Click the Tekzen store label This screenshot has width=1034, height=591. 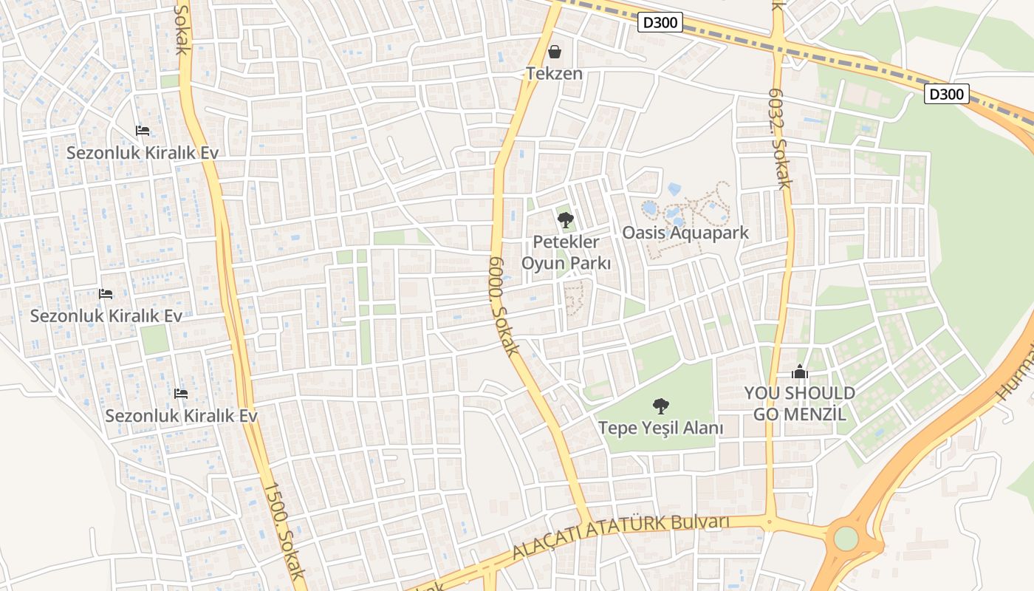click(554, 73)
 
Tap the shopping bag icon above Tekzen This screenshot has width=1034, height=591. click(555, 52)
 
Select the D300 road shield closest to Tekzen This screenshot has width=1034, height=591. click(660, 22)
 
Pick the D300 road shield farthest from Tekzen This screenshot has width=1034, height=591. click(946, 94)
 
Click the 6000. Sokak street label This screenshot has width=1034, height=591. click(505, 306)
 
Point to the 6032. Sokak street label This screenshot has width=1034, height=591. click(779, 139)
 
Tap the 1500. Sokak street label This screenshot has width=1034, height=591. click(284, 530)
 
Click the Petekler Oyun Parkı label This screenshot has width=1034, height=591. click(566, 252)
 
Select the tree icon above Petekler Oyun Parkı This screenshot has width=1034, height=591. click(566, 219)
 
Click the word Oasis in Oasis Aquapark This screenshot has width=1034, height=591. click(643, 233)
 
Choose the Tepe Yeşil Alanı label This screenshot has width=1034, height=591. click(660, 428)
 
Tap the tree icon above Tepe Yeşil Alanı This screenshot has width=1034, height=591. click(661, 406)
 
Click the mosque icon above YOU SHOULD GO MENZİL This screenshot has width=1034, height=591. click(799, 372)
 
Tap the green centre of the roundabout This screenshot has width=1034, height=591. click(846, 538)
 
